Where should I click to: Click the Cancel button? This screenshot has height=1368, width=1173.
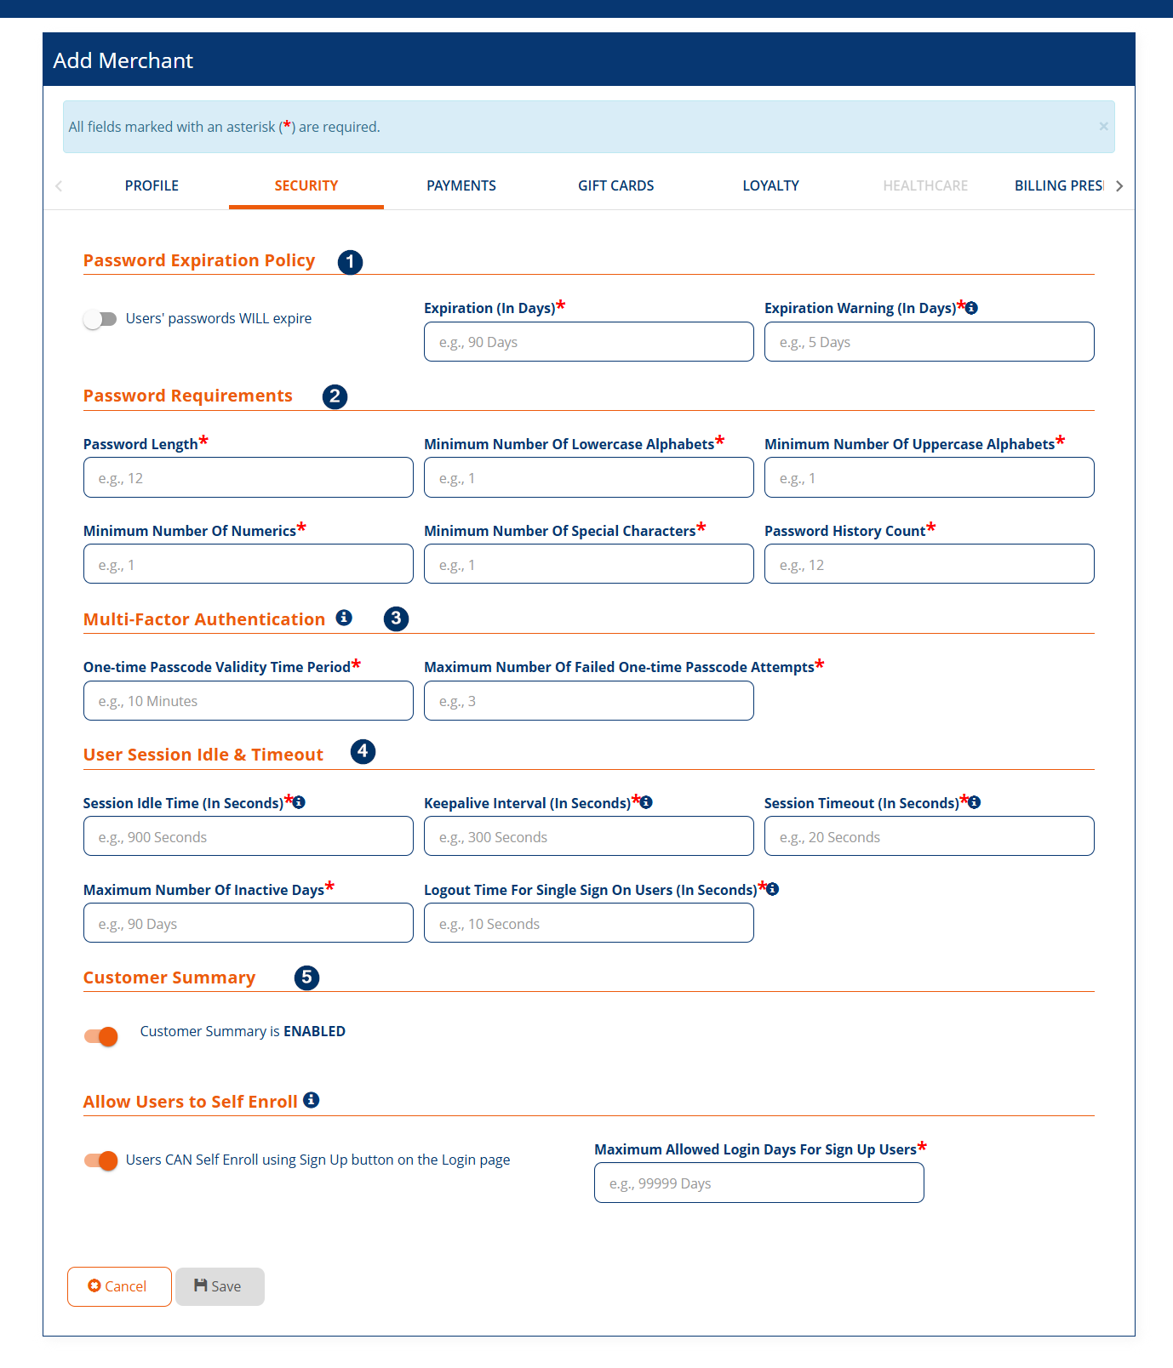tap(119, 1286)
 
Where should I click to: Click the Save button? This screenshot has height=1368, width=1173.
tap(220, 1286)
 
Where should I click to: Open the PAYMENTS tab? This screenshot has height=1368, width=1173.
tap(461, 185)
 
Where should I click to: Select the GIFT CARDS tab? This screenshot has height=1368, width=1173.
tap(615, 185)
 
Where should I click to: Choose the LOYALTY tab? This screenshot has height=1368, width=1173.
tap(770, 185)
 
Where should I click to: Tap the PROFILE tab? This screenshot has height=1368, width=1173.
tap(152, 185)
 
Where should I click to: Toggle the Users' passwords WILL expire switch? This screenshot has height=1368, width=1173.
tap(100, 319)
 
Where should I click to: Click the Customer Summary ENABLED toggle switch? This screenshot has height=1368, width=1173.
tap(101, 1036)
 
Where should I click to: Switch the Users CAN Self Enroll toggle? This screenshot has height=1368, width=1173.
tap(101, 1160)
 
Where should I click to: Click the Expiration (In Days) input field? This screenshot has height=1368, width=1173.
tap(588, 342)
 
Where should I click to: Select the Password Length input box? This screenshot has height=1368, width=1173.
tap(248, 478)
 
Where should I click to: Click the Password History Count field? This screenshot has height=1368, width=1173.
tap(929, 565)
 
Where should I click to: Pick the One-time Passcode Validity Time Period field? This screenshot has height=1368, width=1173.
tap(248, 701)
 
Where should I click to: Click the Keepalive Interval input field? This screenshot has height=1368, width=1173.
tap(588, 837)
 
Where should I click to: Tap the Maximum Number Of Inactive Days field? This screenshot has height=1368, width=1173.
tap(248, 924)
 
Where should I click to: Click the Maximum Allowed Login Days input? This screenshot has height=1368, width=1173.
tap(758, 1183)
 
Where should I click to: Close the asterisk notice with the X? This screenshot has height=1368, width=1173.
tap(1103, 127)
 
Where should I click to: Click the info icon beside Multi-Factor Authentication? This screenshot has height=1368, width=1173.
tap(344, 618)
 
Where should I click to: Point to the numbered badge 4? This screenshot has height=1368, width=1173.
tap(363, 752)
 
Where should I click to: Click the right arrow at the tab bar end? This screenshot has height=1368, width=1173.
tap(1119, 186)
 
